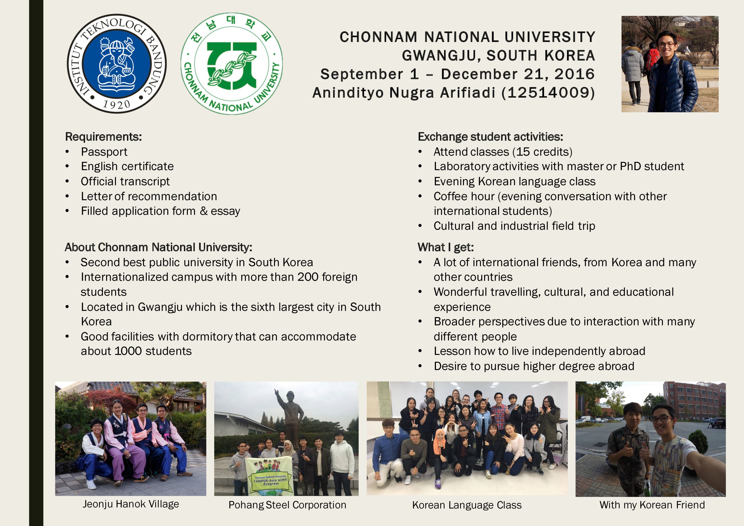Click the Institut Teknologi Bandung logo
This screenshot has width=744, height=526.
point(117,64)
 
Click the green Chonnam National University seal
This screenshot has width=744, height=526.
point(232,64)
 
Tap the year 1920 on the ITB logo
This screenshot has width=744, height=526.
point(116,104)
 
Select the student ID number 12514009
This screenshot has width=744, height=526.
point(548,93)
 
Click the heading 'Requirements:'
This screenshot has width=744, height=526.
point(103,137)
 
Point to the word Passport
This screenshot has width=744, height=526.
point(104,152)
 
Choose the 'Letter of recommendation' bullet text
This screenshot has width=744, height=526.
point(149,196)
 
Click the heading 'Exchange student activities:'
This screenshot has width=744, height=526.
point(490,137)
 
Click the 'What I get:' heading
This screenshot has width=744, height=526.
point(446,247)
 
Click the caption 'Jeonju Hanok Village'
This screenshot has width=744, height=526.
point(130,504)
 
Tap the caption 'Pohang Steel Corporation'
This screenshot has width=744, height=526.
point(287,505)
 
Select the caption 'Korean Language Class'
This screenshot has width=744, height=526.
point(467,505)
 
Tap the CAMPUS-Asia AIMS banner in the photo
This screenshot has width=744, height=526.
point(269,475)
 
